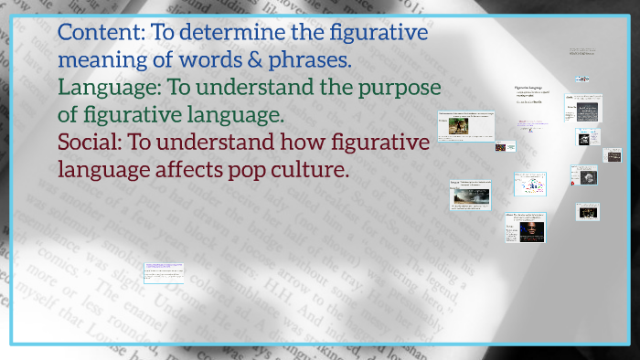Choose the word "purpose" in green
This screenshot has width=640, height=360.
coord(403,89)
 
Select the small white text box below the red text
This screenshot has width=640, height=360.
coord(164,272)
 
